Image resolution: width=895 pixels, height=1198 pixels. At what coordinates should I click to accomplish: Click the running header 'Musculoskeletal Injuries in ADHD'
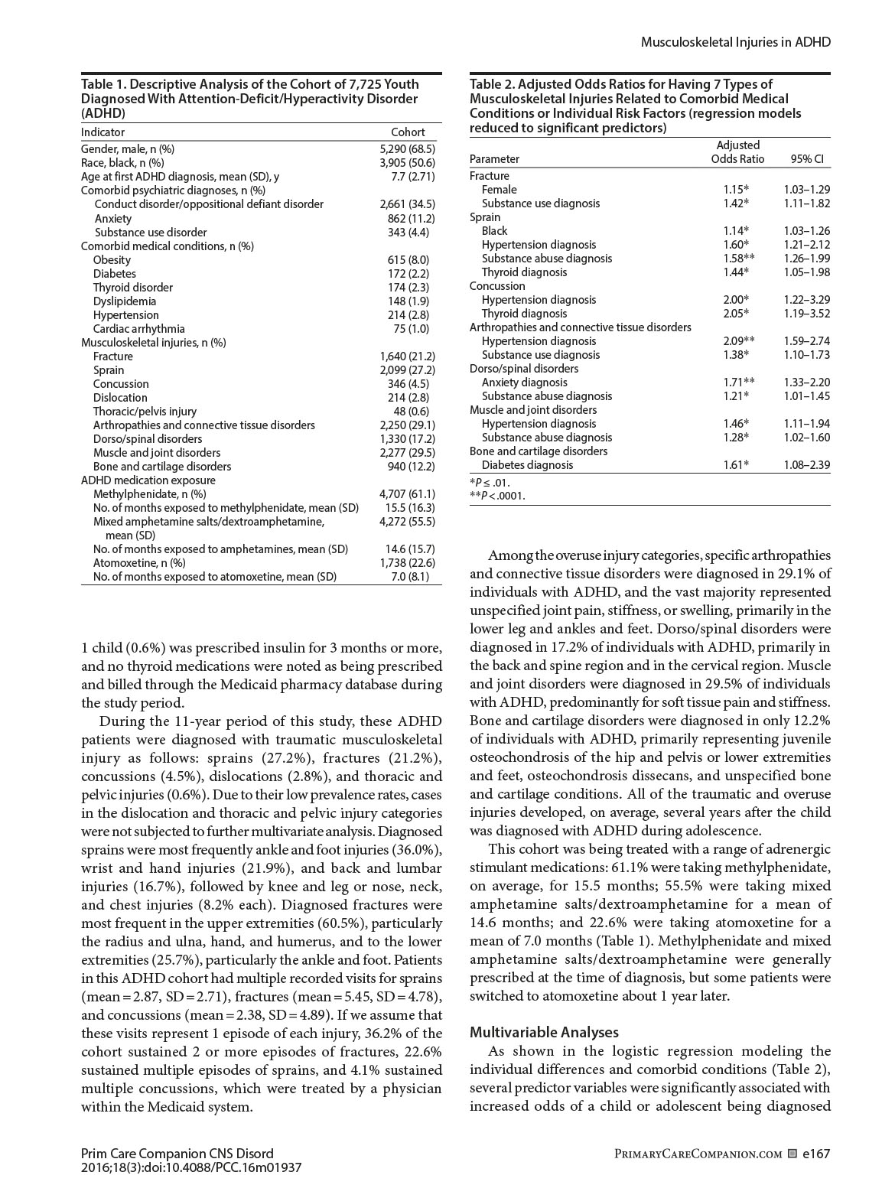(734, 42)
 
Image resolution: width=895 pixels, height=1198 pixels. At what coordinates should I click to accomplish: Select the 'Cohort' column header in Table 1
(407, 132)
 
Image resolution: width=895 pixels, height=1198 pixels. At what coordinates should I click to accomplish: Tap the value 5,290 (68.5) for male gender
(407, 149)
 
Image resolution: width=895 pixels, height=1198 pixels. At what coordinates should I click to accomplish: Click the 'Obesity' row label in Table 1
(112, 260)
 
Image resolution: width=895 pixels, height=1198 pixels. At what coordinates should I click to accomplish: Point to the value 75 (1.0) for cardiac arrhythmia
(413, 329)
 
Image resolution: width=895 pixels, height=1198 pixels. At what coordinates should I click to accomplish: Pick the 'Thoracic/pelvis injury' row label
(145, 412)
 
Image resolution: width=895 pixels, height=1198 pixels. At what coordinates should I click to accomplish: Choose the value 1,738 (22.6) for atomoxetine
(407, 563)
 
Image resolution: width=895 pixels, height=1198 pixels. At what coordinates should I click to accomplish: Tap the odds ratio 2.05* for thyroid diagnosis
(736, 314)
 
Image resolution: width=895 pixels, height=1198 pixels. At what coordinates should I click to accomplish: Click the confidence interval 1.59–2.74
(806, 341)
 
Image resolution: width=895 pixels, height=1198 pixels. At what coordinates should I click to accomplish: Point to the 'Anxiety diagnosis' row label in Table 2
(524, 383)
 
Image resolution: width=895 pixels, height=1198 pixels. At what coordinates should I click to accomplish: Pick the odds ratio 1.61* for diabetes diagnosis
(736, 465)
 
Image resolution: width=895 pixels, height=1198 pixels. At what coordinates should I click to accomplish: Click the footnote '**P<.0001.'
(497, 496)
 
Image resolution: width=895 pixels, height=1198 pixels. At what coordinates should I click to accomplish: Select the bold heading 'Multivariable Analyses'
(544, 1033)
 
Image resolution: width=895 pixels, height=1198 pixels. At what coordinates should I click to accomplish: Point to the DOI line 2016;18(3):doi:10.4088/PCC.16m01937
(191, 1168)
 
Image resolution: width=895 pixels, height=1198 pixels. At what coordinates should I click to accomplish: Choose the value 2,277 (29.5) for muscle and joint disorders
(407, 453)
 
